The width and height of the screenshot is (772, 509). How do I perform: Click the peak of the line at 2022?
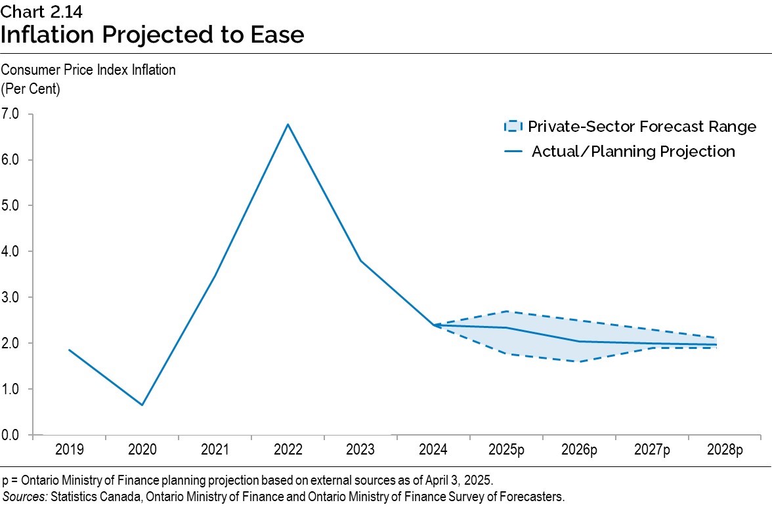(288, 124)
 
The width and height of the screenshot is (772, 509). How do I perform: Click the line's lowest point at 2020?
(142, 405)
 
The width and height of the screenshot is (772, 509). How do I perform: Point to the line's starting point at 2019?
(69, 350)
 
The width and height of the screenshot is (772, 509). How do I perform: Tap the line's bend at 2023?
(360, 260)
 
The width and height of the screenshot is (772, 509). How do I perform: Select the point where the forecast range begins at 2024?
(433, 325)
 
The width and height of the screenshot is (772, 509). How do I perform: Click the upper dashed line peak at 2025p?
(506, 311)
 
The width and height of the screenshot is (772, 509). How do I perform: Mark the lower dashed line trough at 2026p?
(579, 361)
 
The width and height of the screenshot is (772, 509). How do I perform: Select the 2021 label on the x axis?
(215, 450)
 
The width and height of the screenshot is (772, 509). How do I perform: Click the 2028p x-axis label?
(725, 450)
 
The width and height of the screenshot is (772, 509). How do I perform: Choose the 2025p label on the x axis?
(506, 450)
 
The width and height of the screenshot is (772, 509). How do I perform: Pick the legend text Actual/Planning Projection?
(633, 152)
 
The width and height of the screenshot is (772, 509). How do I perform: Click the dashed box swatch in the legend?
(513, 127)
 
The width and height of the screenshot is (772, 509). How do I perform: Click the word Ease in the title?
(276, 34)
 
